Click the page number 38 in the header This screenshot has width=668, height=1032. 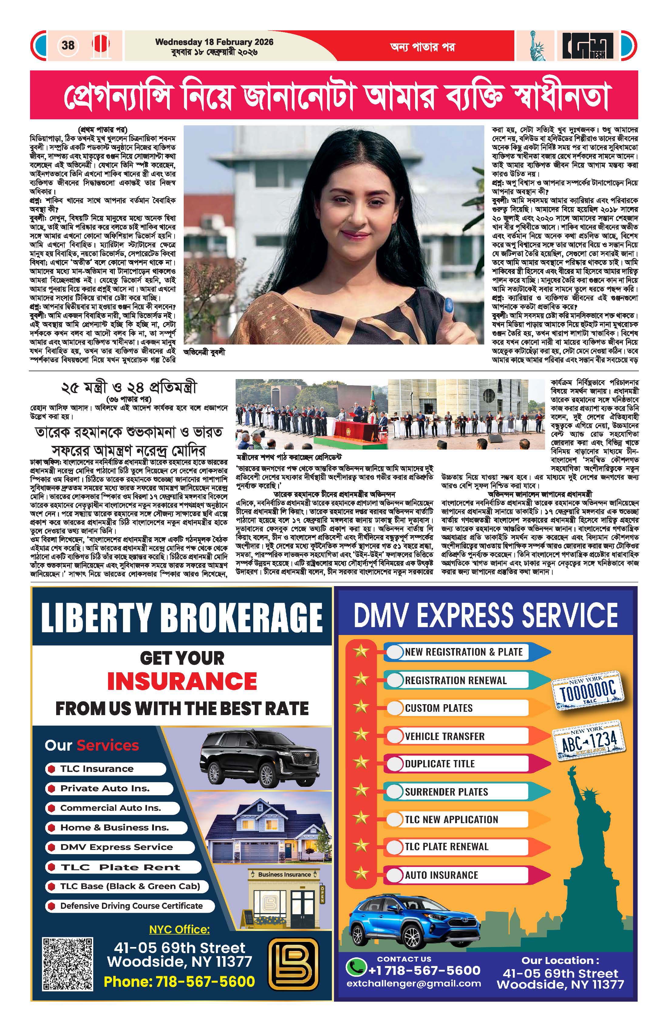[x=68, y=45]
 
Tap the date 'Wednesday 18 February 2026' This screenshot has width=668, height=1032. [x=214, y=42]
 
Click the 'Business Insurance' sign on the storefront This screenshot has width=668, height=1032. [x=284, y=874]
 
